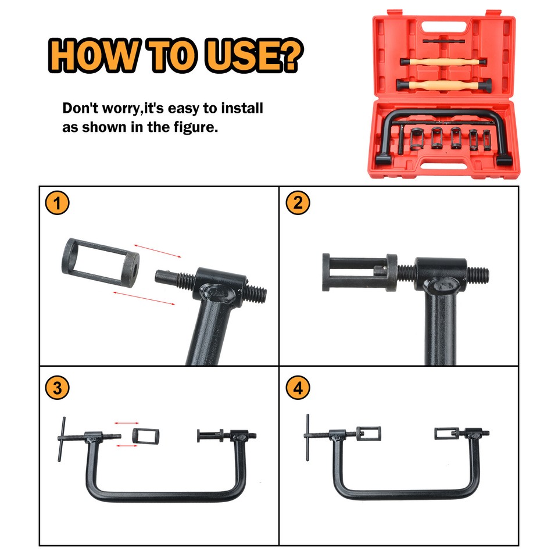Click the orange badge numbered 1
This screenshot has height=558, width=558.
(57, 203)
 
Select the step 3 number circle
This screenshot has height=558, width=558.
(57, 388)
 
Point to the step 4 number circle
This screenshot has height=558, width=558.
(298, 388)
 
